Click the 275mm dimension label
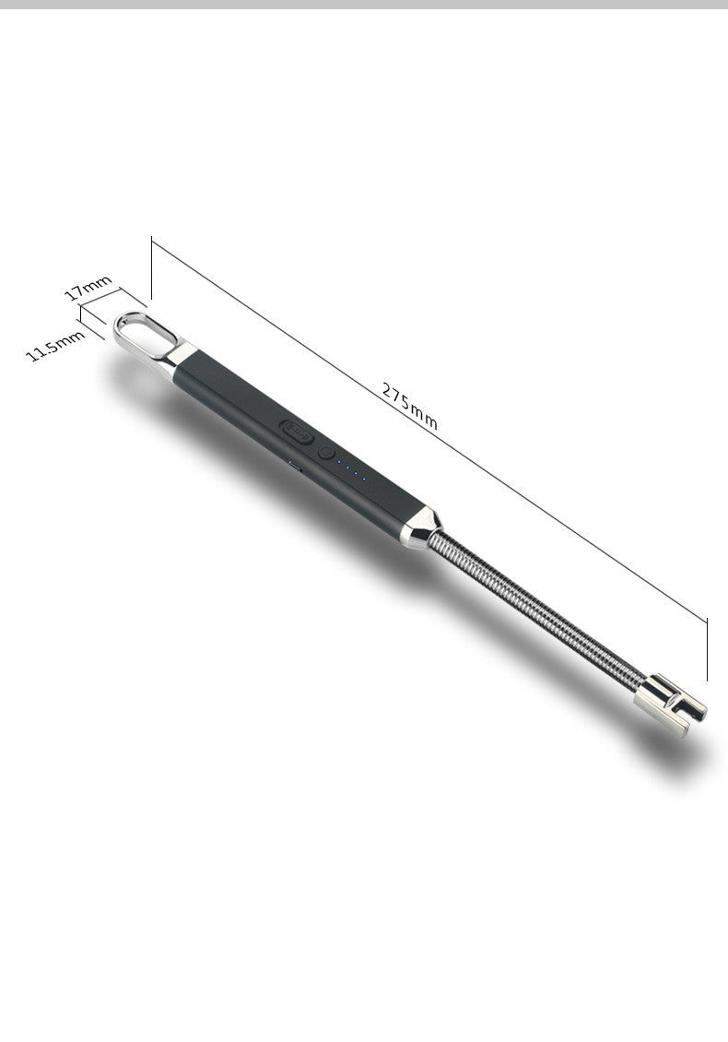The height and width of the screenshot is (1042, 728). point(410,406)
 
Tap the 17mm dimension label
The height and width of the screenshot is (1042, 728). point(88,288)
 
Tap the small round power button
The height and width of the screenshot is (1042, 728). point(325,453)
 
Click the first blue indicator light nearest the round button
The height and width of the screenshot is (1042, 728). point(339,461)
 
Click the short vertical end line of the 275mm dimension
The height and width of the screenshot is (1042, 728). point(707,649)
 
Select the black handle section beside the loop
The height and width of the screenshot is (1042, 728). point(221,383)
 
